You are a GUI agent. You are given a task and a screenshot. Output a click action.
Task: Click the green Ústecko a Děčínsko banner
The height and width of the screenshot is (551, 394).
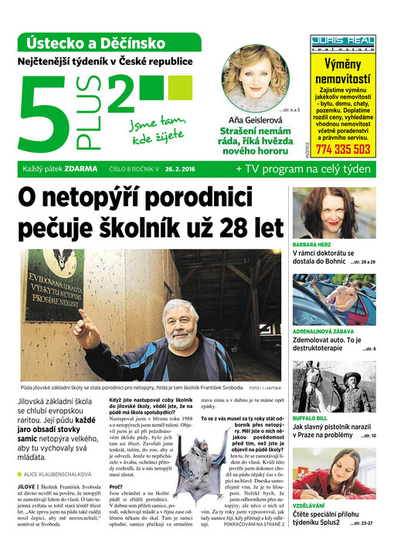point(107,42)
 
